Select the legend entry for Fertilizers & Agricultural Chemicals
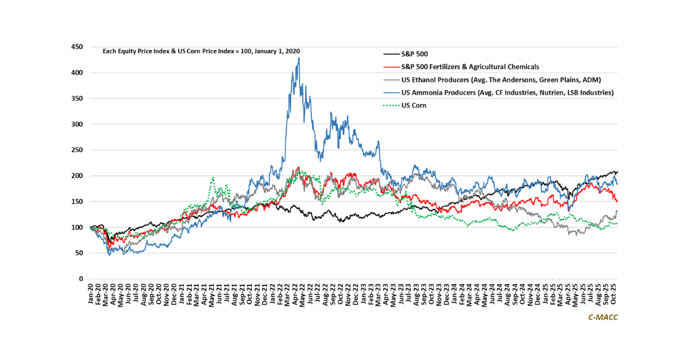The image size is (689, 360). (470, 67)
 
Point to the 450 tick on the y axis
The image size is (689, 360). (76, 47)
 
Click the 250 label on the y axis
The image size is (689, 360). (76, 150)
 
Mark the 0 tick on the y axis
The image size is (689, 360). (81, 279)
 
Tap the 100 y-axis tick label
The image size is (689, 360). (76, 227)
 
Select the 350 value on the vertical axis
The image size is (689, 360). (76, 99)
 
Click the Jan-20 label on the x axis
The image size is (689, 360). (90, 293)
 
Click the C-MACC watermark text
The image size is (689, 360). (602, 317)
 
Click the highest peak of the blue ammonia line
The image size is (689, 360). (299, 57)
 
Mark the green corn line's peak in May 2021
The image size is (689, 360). (213, 178)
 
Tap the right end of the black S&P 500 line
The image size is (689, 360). (617, 172)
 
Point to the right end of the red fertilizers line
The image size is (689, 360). (617, 201)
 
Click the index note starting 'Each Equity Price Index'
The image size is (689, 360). (201, 51)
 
